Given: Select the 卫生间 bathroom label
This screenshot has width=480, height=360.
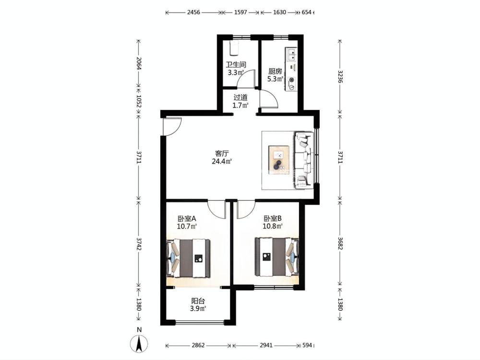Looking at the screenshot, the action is [x=236, y=65].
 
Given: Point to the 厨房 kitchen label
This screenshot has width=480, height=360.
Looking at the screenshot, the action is [x=275, y=72].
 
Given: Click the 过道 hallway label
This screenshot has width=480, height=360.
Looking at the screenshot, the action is [x=240, y=97].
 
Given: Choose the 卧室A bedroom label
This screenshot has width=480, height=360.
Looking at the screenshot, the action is [x=187, y=218].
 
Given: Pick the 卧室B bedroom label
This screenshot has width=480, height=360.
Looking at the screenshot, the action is [x=273, y=218].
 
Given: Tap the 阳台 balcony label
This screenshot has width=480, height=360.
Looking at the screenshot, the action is [x=198, y=301].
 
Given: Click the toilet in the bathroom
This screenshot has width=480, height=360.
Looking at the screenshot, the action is [x=234, y=48].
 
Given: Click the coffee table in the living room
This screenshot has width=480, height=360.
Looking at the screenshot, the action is [x=279, y=158].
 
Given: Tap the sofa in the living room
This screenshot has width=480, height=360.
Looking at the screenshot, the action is [x=304, y=159].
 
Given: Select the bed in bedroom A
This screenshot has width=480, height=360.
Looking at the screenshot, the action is [x=188, y=258].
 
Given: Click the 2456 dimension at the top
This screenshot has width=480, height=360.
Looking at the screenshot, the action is [x=193, y=12].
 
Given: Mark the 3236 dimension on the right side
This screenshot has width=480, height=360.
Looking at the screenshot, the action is [x=340, y=76].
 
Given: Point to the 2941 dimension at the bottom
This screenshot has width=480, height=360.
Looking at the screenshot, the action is [x=266, y=345].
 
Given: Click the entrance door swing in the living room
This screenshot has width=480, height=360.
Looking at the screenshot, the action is [x=172, y=126].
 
